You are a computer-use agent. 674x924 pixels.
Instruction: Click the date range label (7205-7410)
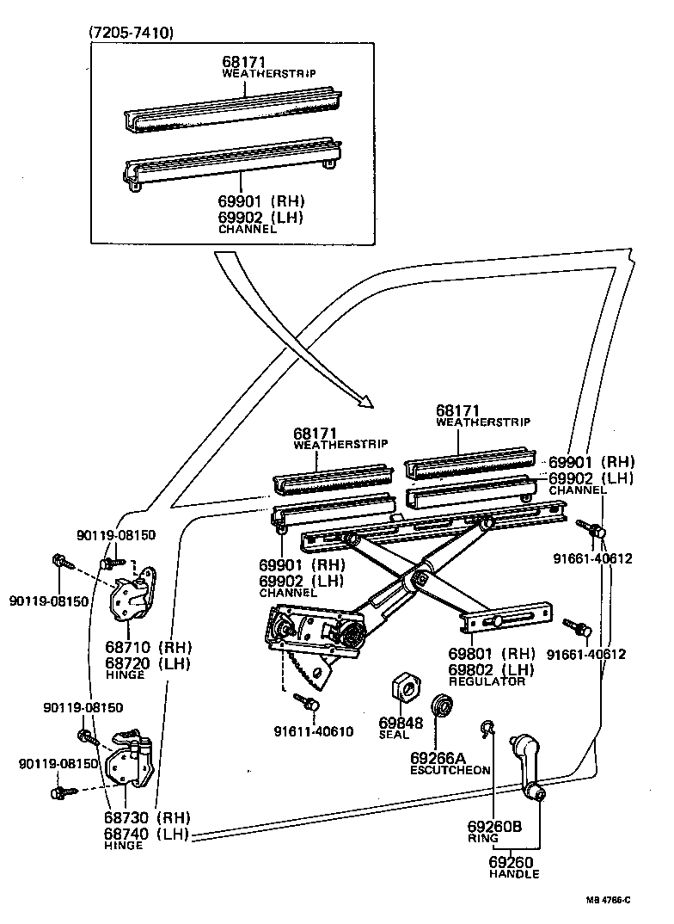pos(132,34)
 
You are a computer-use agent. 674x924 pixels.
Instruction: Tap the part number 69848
pos(401,723)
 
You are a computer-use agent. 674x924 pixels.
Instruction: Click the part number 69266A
pos(437,757)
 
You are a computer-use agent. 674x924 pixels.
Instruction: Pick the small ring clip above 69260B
pos(489,729)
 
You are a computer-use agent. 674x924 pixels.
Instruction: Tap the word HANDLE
pos(514,874)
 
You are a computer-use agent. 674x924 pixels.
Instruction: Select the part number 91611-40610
pos(313,731)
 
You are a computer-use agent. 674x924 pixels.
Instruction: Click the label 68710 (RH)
pos(148,647)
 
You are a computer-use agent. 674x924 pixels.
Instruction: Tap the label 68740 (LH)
pos(148,834)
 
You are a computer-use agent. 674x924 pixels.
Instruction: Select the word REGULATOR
pos(486,681)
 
